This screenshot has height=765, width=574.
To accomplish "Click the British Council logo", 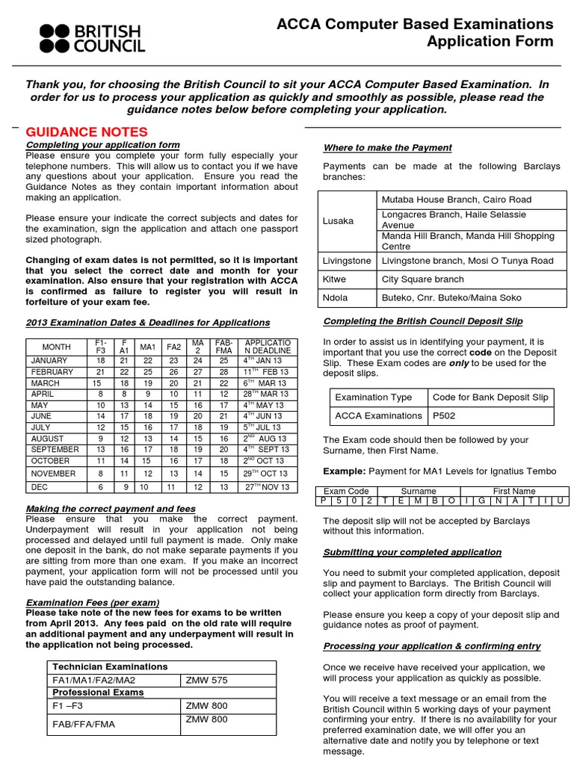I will [92, 38].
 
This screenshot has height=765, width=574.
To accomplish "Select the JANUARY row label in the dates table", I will [49, 359].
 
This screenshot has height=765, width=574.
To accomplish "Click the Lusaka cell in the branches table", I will [338, 221].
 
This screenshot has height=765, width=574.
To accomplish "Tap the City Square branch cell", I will [423, 279].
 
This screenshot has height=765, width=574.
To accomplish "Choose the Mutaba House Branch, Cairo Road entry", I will [457, 199].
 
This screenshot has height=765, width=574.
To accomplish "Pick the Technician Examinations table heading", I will [110, 666].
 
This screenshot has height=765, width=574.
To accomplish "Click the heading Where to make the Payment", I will [387, 148].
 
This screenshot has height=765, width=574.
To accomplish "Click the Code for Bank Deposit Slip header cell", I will [490, 397].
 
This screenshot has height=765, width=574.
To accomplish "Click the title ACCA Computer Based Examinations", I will [415, 24].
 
